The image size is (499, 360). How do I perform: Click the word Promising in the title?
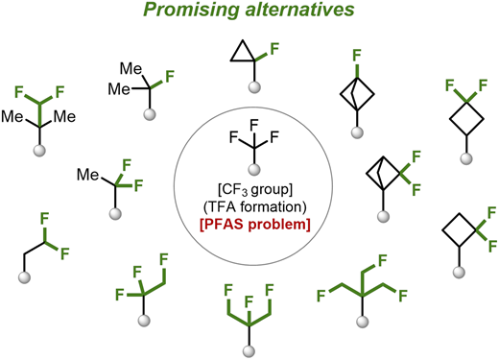click(x=191, y=11)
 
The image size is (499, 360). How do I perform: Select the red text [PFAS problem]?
click(x=255, y=225)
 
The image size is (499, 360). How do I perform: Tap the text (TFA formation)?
click(x=255, y=207)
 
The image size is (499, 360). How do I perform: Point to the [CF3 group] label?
click(x=255, y=190)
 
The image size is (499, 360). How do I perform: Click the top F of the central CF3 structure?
click(x=254, y=125)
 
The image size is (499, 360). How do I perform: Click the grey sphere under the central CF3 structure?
click(x=254, y=169)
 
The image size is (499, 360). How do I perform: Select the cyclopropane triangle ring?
click(x=242, y=52)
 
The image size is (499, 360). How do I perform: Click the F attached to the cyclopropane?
click(x=274, y=50)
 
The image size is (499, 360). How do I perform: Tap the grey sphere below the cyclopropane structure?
click(x=254, y=87)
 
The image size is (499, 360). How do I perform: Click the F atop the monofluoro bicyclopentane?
click(x=357, y=56)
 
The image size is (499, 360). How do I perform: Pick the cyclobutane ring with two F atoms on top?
click(x=466, y=119)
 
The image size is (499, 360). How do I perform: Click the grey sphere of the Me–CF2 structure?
click(x=115, y=213)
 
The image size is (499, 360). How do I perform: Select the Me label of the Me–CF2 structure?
click(x=88, y=175)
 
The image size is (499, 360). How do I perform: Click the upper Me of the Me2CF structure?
click(x=131, y=69)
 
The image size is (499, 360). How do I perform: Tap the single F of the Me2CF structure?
click(x=170, y=77)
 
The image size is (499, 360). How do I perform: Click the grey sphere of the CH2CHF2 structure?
click(x=24, y=277)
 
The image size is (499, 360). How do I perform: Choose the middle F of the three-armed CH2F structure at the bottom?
click(x=249, y=301)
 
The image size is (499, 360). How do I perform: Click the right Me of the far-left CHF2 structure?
click(x=64, y=116)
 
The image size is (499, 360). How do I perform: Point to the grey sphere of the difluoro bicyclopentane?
click(x=383, y=216)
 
